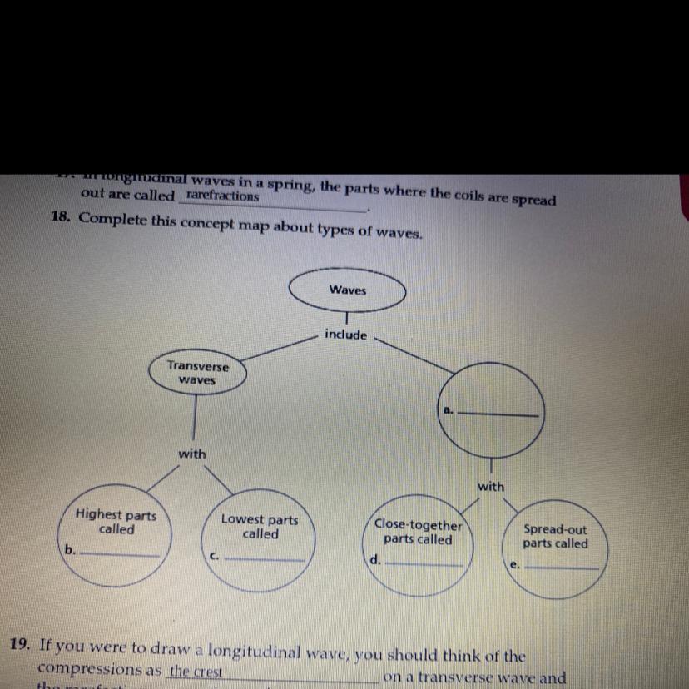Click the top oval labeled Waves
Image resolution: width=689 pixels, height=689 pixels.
(x=347, y=290)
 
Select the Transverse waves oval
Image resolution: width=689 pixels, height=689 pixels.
(x=196, y=373)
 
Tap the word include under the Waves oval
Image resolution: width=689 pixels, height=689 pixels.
(x=345, y=335)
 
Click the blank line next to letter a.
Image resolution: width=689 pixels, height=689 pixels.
(x=498, y=414)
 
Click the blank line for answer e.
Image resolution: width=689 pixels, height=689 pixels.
(x=562, y=568)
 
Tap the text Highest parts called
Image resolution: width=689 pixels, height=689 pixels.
(x=116, y=522)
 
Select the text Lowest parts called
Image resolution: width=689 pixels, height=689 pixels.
(x=260, y=527)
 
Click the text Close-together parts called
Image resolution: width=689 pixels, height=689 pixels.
(x=418, y=532)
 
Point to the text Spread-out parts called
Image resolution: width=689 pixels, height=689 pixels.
(x=555, y=536)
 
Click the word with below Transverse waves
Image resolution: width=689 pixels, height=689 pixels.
(x=192, y=454)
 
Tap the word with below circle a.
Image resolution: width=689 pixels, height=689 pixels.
(x=491, y=486)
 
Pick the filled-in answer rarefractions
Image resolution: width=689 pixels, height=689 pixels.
(x=222, y=196)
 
